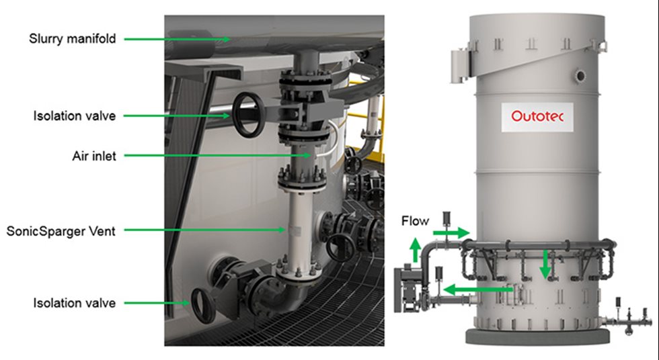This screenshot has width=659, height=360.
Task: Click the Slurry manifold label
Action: point(73,38)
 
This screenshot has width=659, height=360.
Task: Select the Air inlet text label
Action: point(94,156)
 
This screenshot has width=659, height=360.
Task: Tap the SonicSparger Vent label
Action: point(61,231)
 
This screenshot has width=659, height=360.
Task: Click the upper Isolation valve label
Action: point(75,116)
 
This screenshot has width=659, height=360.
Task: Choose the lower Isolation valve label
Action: point(75,303)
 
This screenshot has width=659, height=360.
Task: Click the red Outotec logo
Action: point(537,116)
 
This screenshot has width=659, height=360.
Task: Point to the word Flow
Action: point(416,221)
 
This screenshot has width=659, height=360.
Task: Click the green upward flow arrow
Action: point(416,250)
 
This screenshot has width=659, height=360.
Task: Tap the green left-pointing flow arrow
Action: point(478,289)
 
